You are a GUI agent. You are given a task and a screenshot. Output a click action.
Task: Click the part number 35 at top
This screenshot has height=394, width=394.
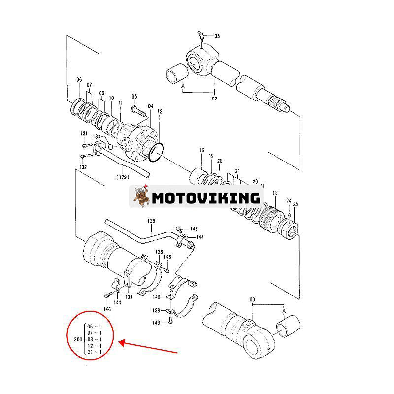pos(218,36)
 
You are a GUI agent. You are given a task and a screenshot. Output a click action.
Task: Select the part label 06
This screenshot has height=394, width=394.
pos(79,80)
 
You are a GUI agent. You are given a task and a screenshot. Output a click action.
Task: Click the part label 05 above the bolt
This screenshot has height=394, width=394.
pos(134,96)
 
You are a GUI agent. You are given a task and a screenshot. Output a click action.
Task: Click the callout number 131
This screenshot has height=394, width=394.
pos(84,134)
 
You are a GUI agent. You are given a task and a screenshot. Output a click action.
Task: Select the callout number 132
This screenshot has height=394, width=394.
pos(83,167)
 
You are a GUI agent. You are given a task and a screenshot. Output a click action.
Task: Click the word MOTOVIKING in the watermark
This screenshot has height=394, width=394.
pos(205,198)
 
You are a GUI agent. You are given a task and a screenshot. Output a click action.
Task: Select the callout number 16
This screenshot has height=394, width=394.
pos(201,150)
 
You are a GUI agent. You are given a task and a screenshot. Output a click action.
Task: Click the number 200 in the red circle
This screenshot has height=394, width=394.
pos(77,339)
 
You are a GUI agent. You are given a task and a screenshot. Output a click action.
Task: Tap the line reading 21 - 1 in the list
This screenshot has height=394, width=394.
pos(95,352)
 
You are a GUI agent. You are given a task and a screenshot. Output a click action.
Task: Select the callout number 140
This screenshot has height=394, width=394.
pos(157,297)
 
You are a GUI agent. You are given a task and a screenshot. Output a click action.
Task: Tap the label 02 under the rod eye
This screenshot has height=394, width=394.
pos(214,98)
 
